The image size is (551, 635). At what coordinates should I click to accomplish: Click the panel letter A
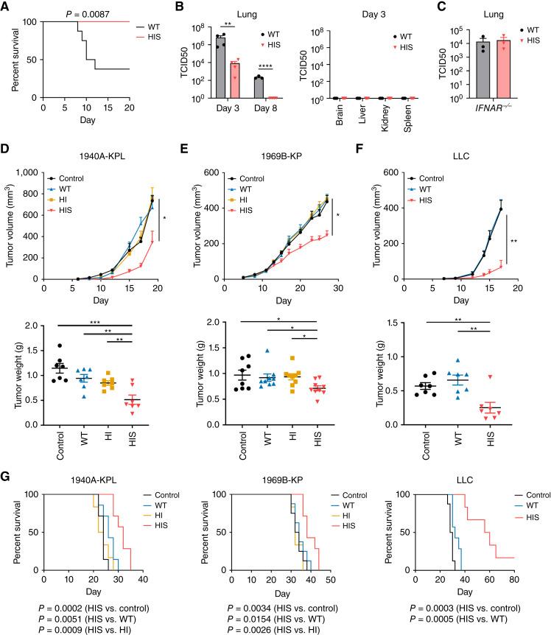point(8,7)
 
